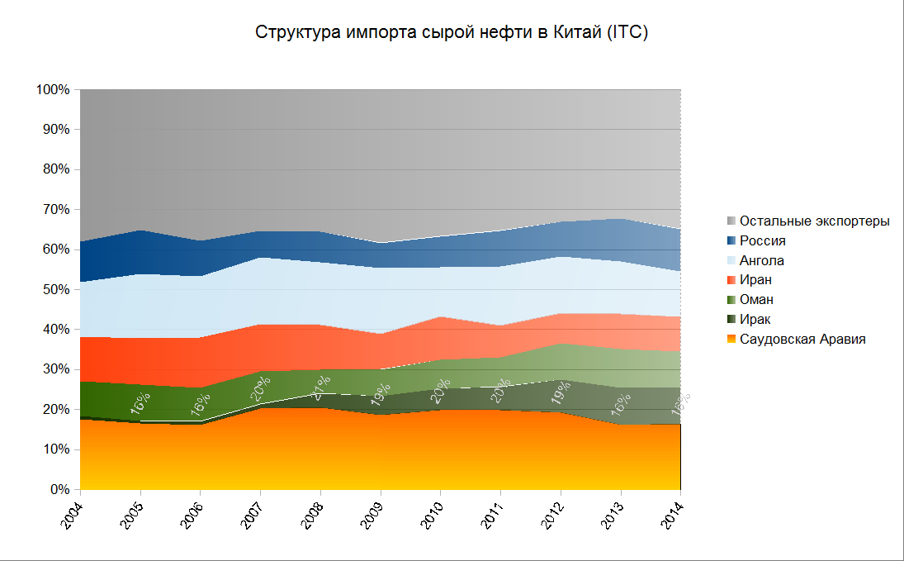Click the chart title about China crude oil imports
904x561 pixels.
pyautogui.click(x=452, y=33)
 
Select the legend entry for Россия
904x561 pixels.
pyautogui.click(x=762, y=240)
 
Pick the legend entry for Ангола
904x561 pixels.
pyautogui.click(x=762, y=260)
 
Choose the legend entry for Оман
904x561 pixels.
pyautogui.click(x=757, y=299)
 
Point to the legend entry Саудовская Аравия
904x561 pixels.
pyautogui.click(x=802, y=339)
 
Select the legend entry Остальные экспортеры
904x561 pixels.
pyautogui.click(x=814, y=221)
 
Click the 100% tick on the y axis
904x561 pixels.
pyautogui.click(x=53, y=89)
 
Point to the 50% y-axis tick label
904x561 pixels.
pyautogui.click(x=56, y=289)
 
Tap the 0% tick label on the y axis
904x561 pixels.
pyautogui.click(x=59, y=489)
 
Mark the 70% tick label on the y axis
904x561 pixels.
pyautogui.click(x=56, y=209)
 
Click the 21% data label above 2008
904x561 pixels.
pyautogui.click(x=321, y=387)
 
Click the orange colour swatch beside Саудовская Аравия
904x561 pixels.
pyautogui.click(x=731, y=339)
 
